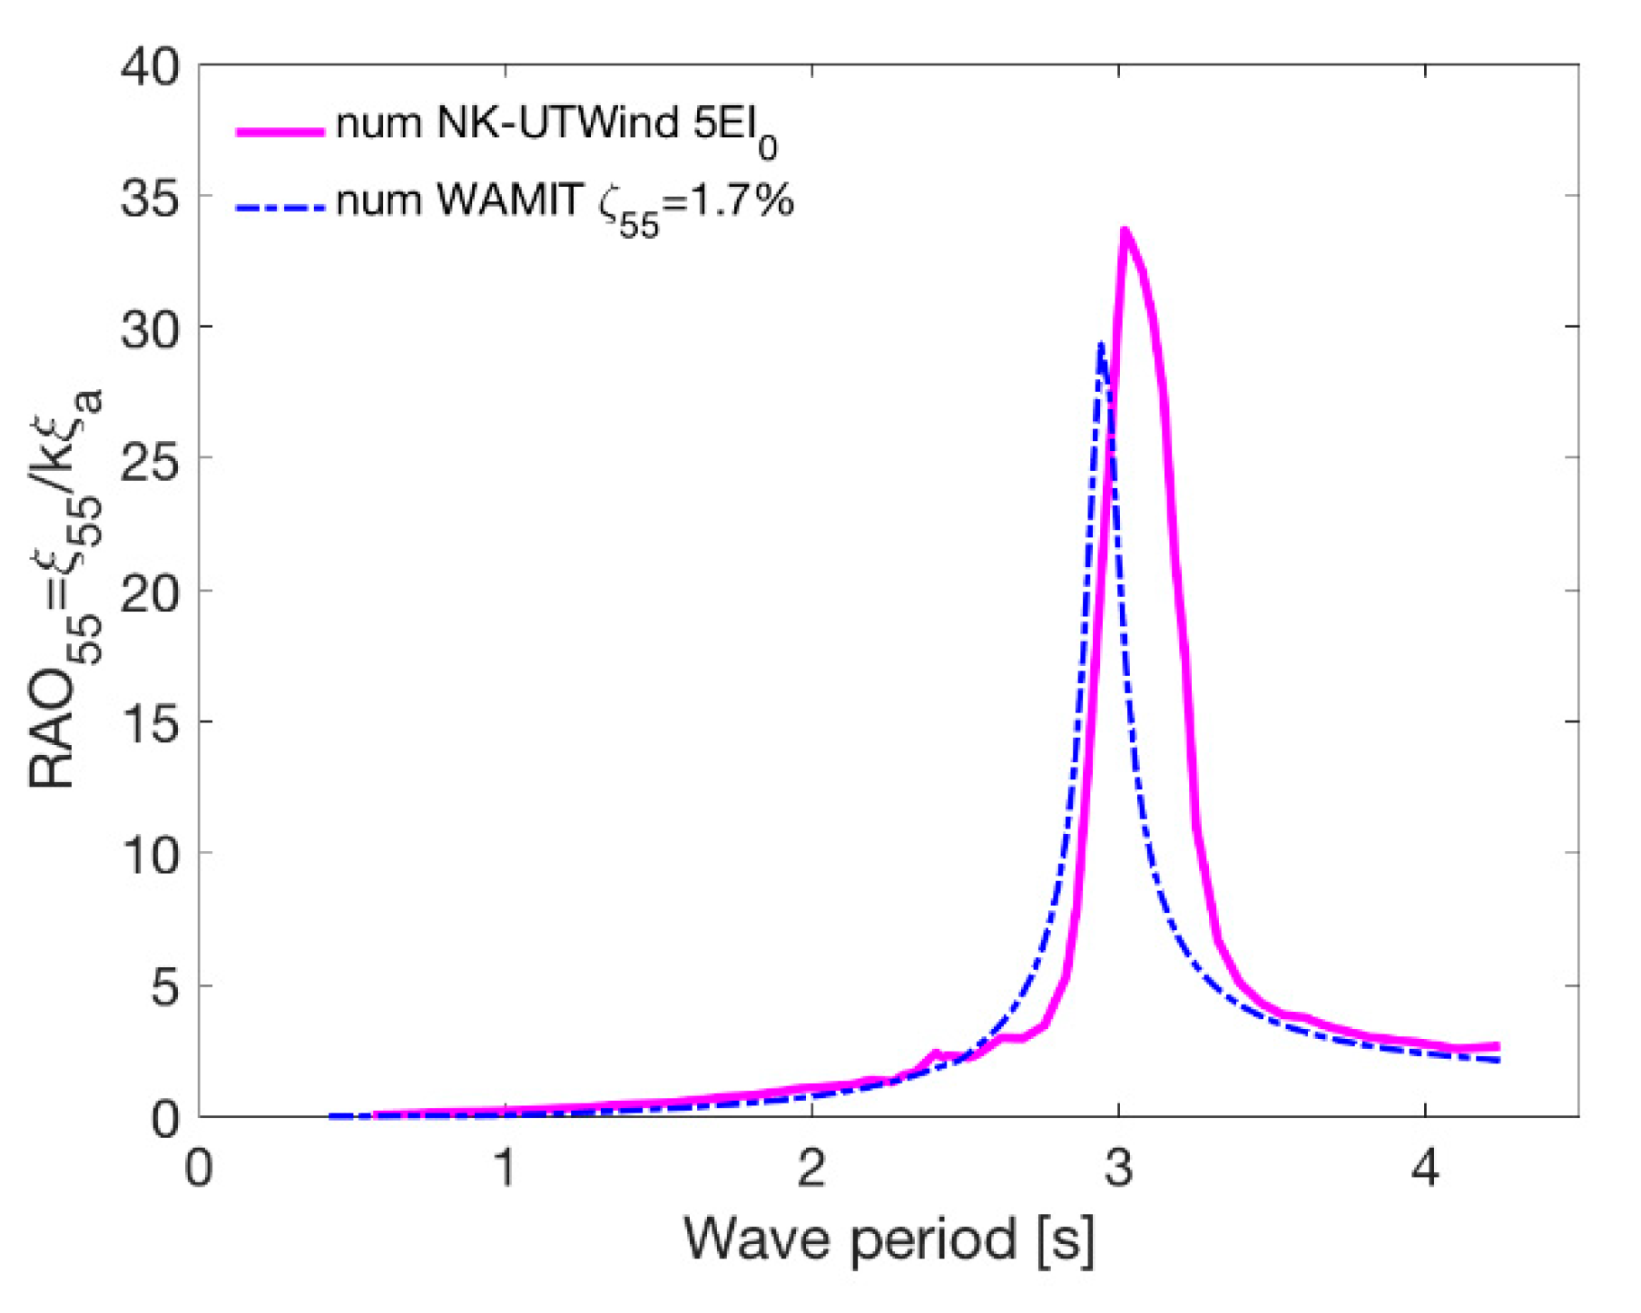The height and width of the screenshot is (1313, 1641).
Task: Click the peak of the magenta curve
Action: tap(1125, 231)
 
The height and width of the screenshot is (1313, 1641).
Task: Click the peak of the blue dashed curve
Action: tap(1100, 346)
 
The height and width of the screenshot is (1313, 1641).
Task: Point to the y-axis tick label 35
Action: tap(151, 198)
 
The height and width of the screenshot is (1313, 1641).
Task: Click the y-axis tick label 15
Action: tap(151, 724)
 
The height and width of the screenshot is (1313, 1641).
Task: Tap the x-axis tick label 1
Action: tap(506, 1169)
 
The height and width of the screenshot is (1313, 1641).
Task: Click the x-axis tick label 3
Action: tap(1118, 1169)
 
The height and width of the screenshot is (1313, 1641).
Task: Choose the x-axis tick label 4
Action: tap(1425, 1169)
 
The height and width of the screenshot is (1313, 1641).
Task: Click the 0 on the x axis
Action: tap(199, 1169)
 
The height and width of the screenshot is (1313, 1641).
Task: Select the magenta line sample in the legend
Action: tap(280, 132)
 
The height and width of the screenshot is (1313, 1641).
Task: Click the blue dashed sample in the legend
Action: tap(280, 207)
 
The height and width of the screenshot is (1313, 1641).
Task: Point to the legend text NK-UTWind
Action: tap(557, 122)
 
